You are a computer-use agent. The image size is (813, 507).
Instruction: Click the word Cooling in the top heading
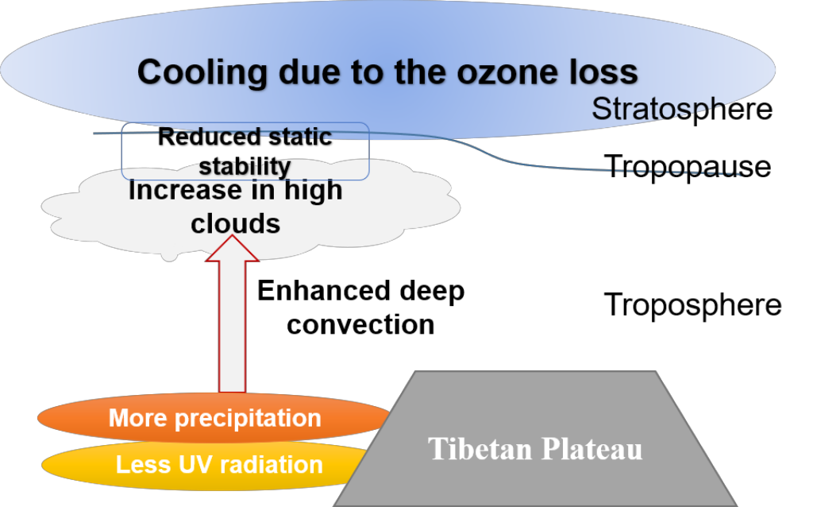coord(202,72)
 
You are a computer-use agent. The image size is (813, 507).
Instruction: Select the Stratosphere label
coord(682,110)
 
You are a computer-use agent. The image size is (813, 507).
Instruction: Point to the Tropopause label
coord(688,167)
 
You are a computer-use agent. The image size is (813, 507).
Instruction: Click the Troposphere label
coord(692,304)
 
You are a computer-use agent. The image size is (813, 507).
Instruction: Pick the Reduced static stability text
coord(245,152)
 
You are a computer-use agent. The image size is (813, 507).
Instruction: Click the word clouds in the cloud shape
coord(235,223)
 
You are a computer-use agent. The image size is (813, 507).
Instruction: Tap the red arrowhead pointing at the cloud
coord(233,248)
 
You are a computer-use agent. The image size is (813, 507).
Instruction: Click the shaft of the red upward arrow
coord(233,327)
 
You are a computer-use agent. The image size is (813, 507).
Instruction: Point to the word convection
coord(361,325)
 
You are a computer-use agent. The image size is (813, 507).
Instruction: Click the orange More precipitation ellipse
coord(214,418)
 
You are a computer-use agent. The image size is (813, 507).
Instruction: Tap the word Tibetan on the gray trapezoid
coord(480,449)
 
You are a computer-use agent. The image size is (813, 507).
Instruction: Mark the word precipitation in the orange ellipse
coord(248,419)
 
